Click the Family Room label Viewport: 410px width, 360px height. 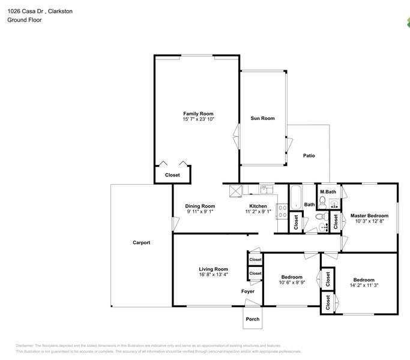(198, 114)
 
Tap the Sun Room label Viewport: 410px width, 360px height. (262, 118)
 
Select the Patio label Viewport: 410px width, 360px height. (309, 155)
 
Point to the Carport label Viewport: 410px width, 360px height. (142, 242)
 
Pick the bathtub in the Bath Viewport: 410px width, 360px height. (296, 197)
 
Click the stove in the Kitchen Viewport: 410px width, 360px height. (282, 212)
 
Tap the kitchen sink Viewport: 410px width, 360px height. (267, 189)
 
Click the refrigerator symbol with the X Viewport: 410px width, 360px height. (236, 191)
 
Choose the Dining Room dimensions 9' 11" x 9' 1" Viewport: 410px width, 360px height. (200, 212)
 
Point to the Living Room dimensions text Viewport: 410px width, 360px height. (213, 275)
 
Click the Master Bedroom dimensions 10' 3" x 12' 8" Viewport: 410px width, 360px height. (369, 221)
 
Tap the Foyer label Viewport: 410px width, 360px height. (248, 291)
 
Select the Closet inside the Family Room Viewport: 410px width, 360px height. (172, 175)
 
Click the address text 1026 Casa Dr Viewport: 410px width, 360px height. (25, 11)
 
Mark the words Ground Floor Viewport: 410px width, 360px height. (25, 20)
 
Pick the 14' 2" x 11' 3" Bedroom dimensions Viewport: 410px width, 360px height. (364, 285)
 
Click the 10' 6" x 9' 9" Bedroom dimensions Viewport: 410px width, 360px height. (292, 283)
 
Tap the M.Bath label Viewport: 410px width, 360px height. (328, 191)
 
